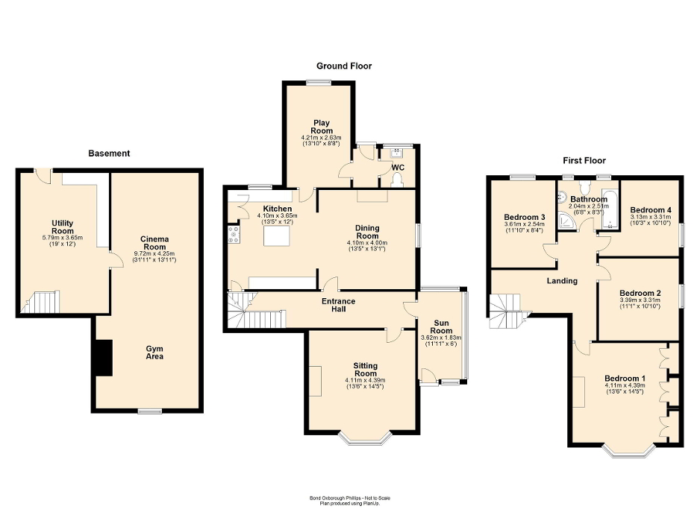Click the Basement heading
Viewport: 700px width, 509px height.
coord(109,154)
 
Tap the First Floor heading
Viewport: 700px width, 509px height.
coord(584,160)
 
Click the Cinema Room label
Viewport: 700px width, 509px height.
coord(154,242)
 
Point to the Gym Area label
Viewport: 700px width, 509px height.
coord(154,352)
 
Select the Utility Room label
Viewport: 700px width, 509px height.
coord(62,227)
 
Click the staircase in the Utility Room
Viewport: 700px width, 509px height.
coord(43,302)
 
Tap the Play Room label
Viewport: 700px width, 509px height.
coord(322,127)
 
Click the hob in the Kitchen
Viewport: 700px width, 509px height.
coord(234,235)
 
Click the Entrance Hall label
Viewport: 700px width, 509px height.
coord(338,306)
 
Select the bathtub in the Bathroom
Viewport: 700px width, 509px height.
coord(608,212)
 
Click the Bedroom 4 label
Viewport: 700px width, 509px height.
coord(649,210)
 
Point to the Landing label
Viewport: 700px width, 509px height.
coord(562,281)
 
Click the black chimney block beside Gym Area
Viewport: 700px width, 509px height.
coord(101,357)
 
